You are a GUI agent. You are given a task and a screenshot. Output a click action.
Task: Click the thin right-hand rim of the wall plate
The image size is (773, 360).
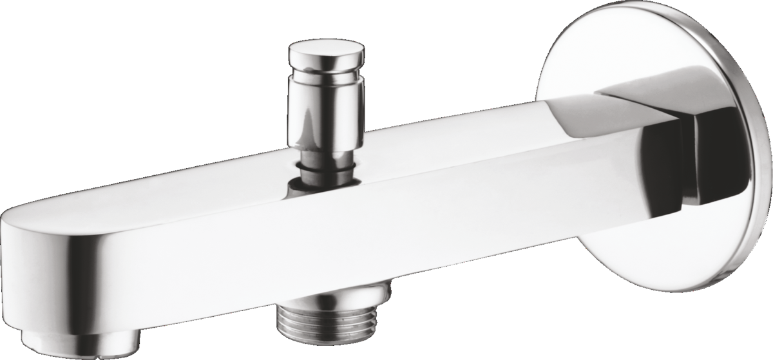coord(763,161)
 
